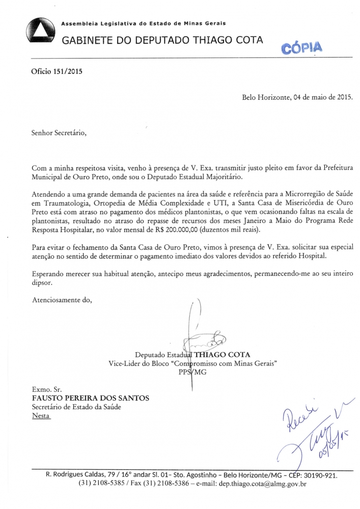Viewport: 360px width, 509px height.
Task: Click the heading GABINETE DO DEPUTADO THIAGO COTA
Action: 162,41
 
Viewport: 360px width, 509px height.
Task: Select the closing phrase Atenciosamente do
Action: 61,299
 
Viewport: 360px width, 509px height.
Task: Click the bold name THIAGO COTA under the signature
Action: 223,355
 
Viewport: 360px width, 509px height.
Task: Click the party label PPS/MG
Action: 192,372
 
